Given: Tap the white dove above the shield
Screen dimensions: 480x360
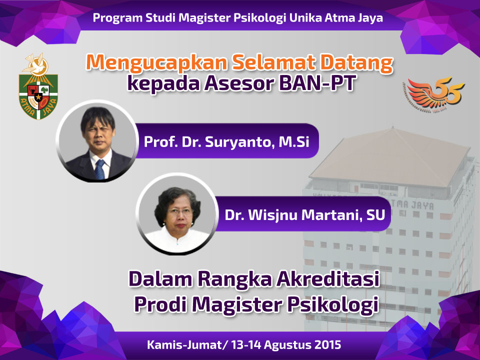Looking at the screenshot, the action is [x=36, y=64].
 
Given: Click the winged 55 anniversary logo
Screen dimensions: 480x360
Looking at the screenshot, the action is [x=434, y=93].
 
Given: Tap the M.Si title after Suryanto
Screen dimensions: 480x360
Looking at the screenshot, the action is [x=294, y=141].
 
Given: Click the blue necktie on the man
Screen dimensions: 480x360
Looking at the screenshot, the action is [x=99, y=169].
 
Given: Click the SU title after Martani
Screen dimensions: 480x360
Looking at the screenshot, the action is [x=375, y=214].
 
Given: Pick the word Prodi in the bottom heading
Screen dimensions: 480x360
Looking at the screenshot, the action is [x=160, y=304].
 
